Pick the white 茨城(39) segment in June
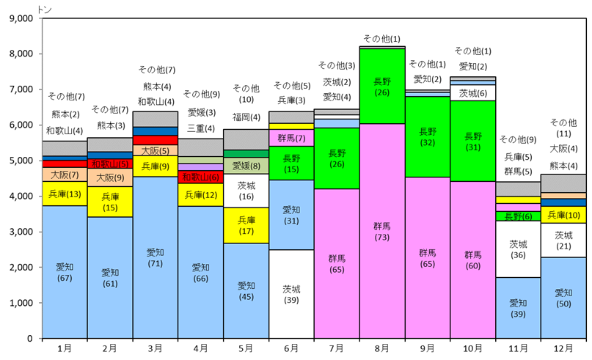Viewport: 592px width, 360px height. pyautogui.click(x=291, y=294)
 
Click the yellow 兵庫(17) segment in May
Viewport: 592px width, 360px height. pyautogui.click(x=246, y=225)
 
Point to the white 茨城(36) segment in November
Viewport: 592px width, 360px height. pyautogui.click(x=518, y=249)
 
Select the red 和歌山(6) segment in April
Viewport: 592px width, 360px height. pyautogui.click(x=200, y=177)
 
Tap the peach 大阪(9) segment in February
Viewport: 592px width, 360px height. pyautogui.click(x=110, y=177)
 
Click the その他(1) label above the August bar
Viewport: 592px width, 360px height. pyautogui.click(x=381, y=39)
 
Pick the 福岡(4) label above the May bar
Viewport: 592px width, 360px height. pyautogui.click(x=246, y=117)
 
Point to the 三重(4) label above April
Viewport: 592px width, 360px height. pyautogui.click(x=200, y=128)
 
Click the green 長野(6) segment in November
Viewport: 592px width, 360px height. pyautogui.click(x=518, y=216)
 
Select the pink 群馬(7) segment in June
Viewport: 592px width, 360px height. pyautogui.click(x=291, y=138)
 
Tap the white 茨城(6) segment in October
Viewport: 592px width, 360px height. pyautogui.click(x=472, y=93)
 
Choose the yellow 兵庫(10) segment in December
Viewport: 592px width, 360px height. pyautogui.click(x=563, y=215)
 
